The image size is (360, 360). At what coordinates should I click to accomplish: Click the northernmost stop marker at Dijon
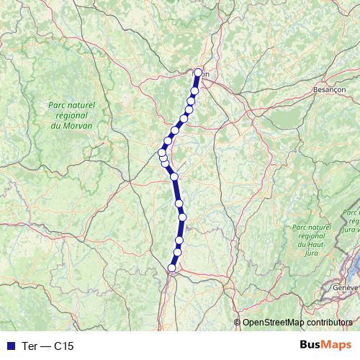pyautogui.click(x=199, y=72)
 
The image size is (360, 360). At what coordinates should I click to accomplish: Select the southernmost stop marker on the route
pyautogui.click(x=171, y=268)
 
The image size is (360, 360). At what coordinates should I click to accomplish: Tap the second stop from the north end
pyautogui.click(x=195, y=91)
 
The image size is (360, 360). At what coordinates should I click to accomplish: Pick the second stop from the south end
pyautogui.click(x=177, y=252)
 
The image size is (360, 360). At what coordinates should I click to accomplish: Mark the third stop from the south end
pyautogui.click(x=179, y=240)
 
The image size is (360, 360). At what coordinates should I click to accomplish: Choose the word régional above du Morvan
pyautogui.click(x=72, y=115)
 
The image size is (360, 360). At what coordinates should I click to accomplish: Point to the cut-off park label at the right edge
pyautogui.click(x=351, y=220)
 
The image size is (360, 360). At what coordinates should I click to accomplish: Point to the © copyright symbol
pyautogui.click(x=238, y=323)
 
